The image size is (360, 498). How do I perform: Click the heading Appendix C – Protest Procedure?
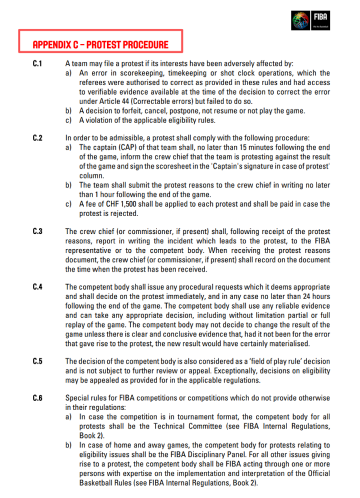click(100, 45)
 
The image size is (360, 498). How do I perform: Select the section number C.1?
click(37, 64)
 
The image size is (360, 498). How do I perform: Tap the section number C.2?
click(37, 138)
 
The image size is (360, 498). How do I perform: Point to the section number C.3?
click(37, 231)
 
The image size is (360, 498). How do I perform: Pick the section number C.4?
click(37, 286)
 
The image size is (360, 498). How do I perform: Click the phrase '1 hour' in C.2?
click(105, 194)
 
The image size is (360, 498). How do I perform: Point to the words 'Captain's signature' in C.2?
click(242, 166)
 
